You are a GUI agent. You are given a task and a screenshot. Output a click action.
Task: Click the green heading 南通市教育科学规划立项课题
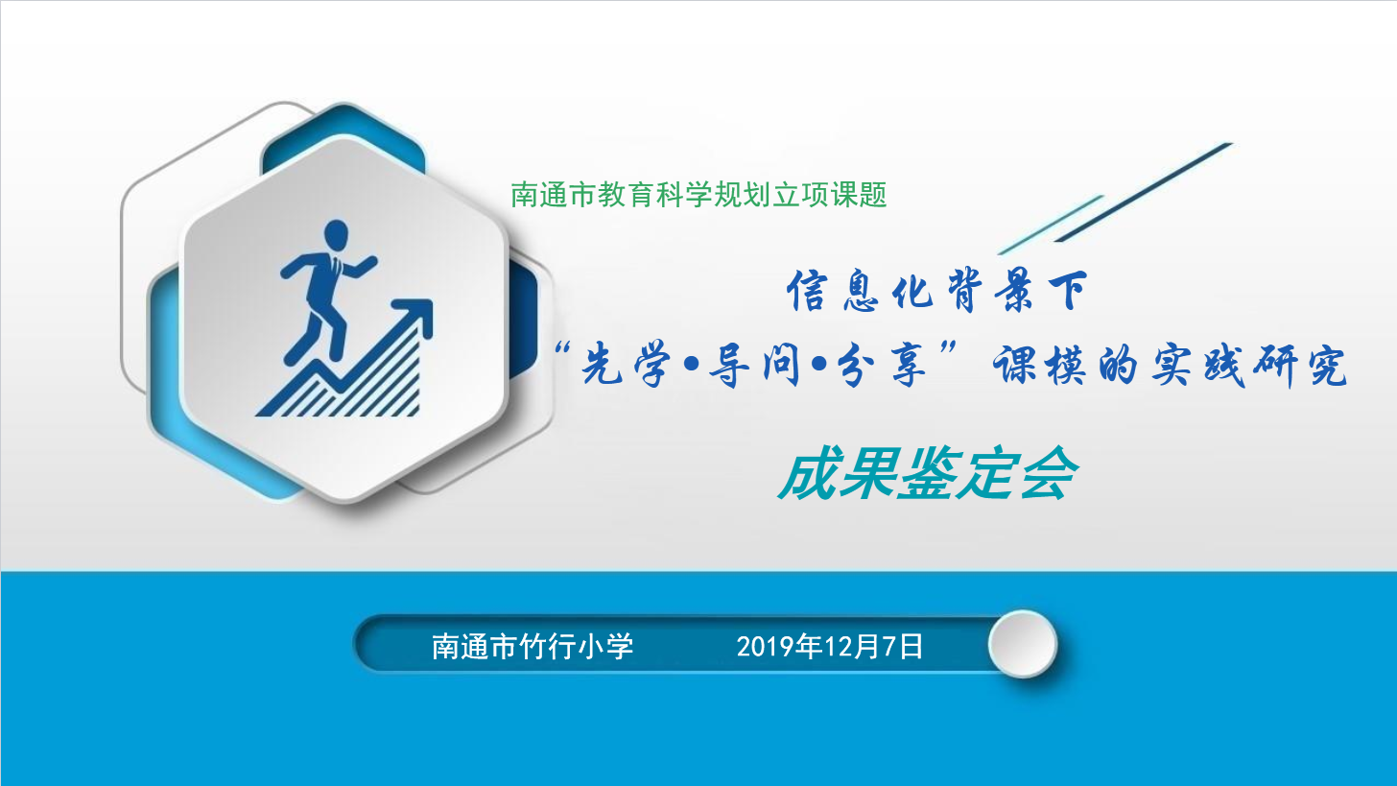(x=698, y=195)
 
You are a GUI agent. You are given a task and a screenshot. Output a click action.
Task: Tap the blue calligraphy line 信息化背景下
(x=937, y=291)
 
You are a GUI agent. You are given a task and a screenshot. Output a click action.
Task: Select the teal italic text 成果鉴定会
(x=929, y=473)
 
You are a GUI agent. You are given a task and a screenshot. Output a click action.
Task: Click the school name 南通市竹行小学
(x=533, y=646)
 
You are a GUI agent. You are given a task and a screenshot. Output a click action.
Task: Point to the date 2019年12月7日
(x=829, y=646)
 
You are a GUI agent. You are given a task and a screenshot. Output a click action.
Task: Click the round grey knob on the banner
(x=1023, y=644)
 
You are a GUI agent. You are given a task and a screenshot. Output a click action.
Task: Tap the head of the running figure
(x=336, y=234)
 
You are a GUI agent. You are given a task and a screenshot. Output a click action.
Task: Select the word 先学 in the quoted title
(x=626, y=365)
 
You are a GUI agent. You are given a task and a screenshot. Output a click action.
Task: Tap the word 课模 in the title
(x=1038, y=365)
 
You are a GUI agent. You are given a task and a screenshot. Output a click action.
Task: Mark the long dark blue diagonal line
(x=1144, y=192)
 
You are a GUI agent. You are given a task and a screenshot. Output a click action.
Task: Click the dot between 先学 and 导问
(x=691, y=365)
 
